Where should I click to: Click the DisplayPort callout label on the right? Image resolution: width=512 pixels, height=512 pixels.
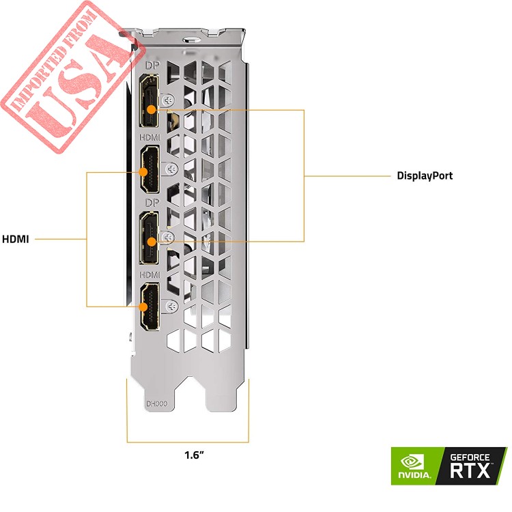click(425, 175)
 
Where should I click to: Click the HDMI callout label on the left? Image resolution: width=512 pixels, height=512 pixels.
click(15, 239)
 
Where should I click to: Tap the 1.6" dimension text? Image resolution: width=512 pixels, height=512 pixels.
click(194, 455)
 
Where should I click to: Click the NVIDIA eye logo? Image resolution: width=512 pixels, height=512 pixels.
click(412, 462)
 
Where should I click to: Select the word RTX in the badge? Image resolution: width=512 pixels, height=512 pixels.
click(470, 470)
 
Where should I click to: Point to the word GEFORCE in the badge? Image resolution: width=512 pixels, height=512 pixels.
click(470, 457)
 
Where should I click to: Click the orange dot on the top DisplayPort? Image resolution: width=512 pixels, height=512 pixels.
click(151, 109)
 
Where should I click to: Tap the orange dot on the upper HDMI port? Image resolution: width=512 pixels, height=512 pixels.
click(143, 172)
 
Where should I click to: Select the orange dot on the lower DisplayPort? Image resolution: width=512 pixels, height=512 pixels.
click(151, 242)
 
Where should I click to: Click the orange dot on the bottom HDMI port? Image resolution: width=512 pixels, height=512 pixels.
click(143, 307)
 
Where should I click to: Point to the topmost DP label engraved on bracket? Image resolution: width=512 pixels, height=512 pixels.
click(152, 66)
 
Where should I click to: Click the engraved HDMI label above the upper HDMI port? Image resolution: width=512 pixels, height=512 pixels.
click(150, 137)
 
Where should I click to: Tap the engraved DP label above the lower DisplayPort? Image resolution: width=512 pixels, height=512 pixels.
click(152, 203)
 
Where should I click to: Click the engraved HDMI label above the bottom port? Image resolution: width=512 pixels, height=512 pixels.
click(150, 275)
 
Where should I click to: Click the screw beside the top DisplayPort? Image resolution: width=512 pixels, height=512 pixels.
click(169, 100)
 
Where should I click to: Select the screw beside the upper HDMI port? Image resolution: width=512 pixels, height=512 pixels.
click(171, 169)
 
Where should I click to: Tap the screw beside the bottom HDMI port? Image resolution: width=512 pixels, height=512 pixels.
click(171, 307)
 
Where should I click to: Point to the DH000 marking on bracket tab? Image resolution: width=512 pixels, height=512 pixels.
click(157, 404)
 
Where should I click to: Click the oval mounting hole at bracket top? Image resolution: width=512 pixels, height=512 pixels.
click(191, 40)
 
